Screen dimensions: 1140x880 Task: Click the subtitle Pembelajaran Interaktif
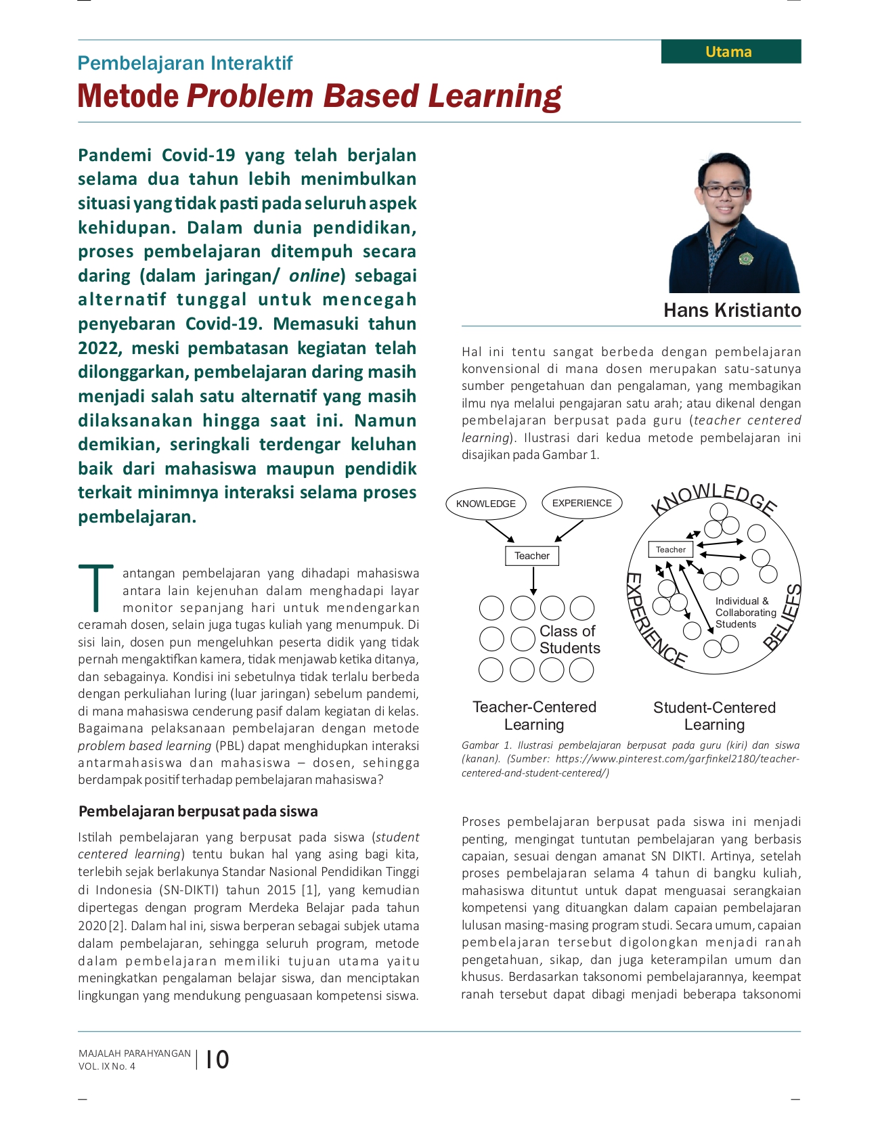click(x=185, y=63)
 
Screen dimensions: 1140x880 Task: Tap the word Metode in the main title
click(x=128, y=96)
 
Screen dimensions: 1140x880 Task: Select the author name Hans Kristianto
click(x=732, y=310)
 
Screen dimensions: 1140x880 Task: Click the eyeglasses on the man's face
click(x=724, y=190)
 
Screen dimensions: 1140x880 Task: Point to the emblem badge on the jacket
click(x=745, y=258)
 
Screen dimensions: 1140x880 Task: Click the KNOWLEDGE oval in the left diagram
click(x=485, y=504)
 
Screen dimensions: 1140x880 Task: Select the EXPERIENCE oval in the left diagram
click(x=581, y=503)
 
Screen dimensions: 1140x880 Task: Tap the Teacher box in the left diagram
click(x=532, y=556)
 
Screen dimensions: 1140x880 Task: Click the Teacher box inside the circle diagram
click(x=670, y=550)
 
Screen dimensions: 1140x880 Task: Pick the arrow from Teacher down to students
click(x=533, y=581)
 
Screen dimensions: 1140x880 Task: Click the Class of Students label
click(x=569, y=639)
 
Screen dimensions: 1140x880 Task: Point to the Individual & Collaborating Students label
click(x=745, y=612)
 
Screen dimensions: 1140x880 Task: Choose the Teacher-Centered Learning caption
click(x=534, y=716)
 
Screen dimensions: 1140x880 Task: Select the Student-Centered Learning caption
click(x=714, y=716)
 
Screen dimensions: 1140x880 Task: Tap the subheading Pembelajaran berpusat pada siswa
click(x=198, y=811)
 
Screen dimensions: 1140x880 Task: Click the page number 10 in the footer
click(x=217, y=1059)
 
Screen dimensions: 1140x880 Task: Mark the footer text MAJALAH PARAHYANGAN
click(x=135, y=1053)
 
